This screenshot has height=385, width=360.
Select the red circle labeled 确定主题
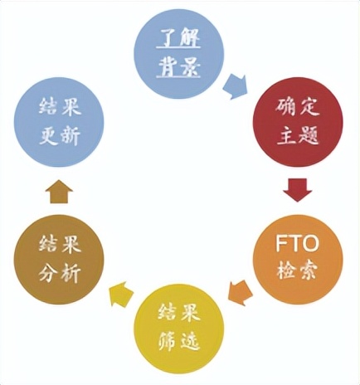(x=298, y=122)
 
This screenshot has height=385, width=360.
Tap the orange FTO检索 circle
(x=298, y=259)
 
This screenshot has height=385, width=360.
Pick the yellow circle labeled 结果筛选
(x=178, y=331)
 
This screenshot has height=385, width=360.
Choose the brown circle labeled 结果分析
(x=59, y=260)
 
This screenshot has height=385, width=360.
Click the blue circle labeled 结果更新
(x=59, y=122)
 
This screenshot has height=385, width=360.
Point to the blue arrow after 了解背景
(x=235, y=86)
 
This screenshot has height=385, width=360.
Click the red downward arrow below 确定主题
(x=298, y=190)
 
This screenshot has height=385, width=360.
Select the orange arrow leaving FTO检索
(x=240, y=292)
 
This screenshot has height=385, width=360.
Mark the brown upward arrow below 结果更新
(x=59, y=191)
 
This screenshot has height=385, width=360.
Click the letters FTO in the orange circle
(x=297, y=243)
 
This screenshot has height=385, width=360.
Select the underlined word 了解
(x=178, y=39)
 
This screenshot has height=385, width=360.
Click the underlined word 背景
(x=178, y=66)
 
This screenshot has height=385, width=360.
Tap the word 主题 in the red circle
(x=298, y=136)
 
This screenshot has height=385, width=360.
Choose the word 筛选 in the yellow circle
(x=179, y=343)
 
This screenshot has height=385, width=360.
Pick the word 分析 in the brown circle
(x=60, y=273)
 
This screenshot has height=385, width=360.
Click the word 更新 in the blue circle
(x=60, y=136)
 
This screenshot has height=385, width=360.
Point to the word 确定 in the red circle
(x=298, y=107)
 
